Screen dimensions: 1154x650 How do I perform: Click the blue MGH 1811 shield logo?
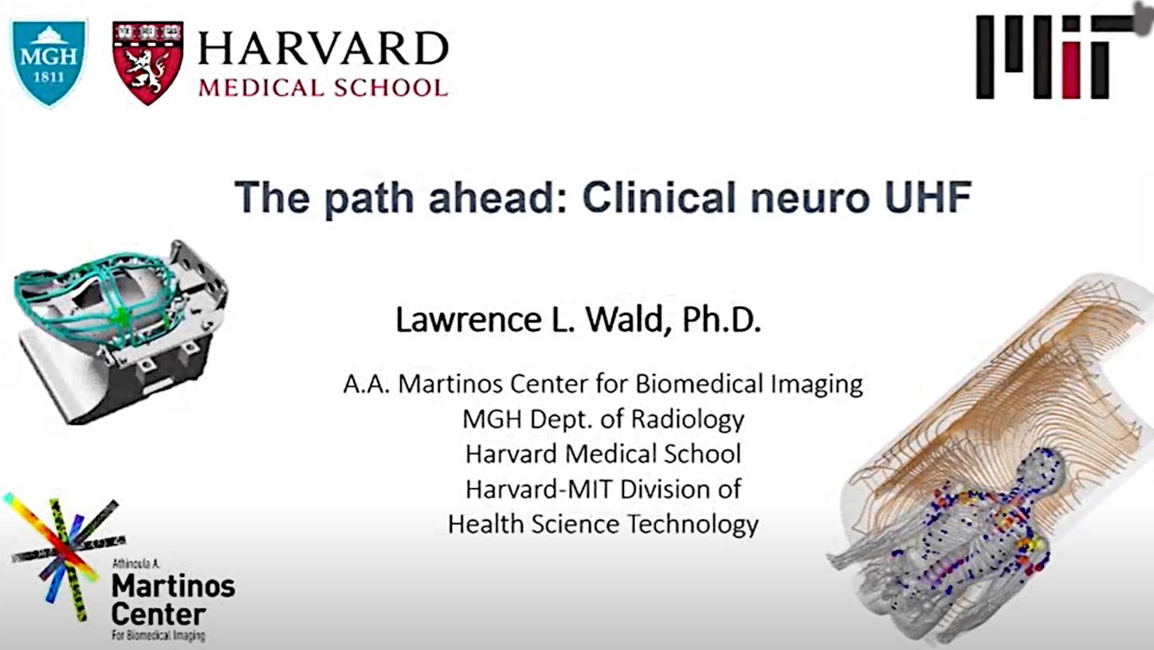[x=49, y=62]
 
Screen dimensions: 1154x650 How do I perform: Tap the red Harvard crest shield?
[x=148, y=62]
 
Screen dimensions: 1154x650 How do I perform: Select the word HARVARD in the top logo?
[x=324, y=49]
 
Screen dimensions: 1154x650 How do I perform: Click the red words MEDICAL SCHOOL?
[x=324, y=88]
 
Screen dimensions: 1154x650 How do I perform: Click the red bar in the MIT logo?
[x=1070, y=71]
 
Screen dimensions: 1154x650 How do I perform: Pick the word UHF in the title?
[x=928, y=197]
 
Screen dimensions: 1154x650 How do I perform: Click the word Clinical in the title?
[x=659, y=197]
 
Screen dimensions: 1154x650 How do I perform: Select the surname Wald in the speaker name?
[x=624, y=320]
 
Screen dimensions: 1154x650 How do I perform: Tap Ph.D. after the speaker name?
[x=721, y=320]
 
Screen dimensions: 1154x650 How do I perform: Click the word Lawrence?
[x=469, y=320]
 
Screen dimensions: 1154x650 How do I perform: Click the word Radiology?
[x=688, y=420]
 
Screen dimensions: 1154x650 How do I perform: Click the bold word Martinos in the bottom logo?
[x=173, y=586]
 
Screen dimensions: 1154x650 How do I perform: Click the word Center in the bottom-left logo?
[x=159, y=614]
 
